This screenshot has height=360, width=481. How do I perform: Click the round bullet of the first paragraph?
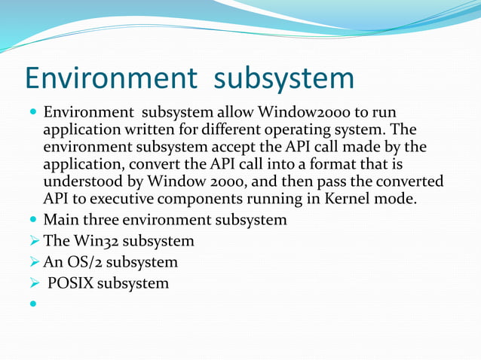33,113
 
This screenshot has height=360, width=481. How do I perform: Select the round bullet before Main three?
33,221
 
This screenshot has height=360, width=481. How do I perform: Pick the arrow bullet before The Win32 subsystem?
33,242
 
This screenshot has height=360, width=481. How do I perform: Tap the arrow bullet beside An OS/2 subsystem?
33,263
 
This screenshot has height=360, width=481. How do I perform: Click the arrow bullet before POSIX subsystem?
33,284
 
